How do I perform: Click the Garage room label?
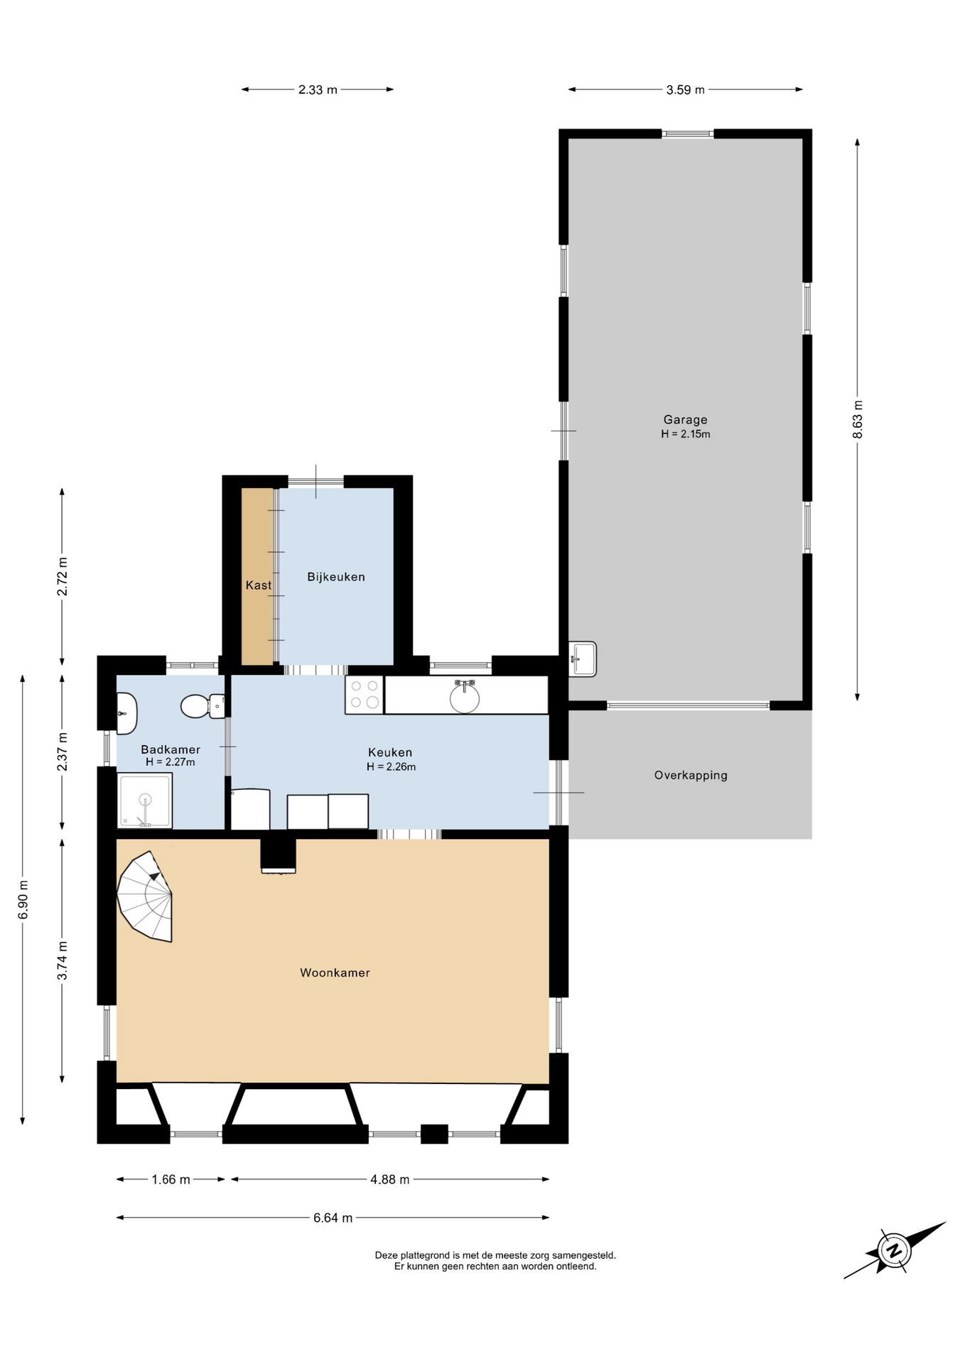pos(685,420)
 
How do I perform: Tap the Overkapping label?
pos(691,775)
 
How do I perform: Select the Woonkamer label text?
pos(335,973)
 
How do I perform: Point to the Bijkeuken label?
pos(336,577)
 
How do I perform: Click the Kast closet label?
pos(259,585)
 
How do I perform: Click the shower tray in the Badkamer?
pos(145,801)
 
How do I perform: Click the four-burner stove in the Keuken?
pos(364,694)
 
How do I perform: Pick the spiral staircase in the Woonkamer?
pos(146,896)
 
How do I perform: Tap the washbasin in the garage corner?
pos(583,659)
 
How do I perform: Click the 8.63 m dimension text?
pos(858,420)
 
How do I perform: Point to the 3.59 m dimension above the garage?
pos(685,90)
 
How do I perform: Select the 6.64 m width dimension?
pos(333,1218)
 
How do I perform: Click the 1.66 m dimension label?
pos(171,1179)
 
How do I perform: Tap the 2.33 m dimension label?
pos(318,90)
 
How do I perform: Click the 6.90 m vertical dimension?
pos(23,899)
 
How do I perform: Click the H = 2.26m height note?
pos(391,767)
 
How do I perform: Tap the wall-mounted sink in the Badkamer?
pos(126,713)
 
